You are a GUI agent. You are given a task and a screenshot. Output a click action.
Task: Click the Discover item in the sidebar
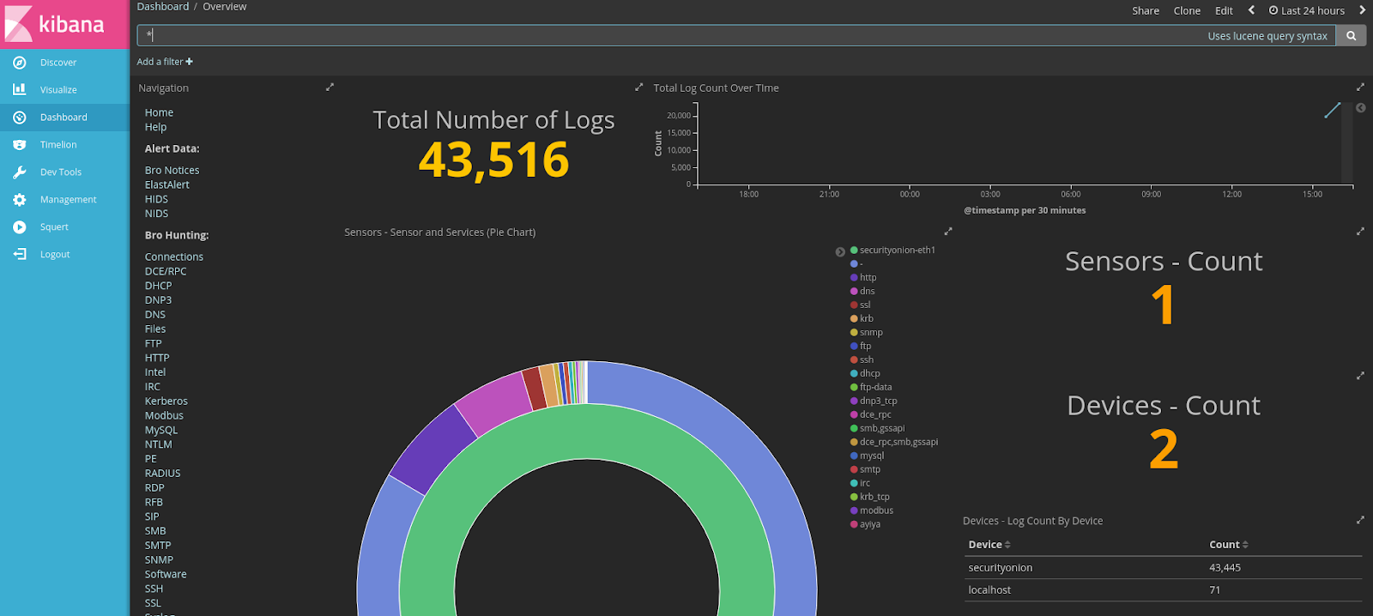pos(57,63)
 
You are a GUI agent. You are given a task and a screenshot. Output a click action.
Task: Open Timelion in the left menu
pos(57,145)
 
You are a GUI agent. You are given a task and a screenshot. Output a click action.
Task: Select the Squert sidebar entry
pos(53,227)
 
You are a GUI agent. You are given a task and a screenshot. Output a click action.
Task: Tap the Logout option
pos(54,255)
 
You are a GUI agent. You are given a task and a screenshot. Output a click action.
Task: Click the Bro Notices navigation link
pos(172,171)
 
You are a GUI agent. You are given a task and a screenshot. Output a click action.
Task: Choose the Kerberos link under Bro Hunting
pos(166,402)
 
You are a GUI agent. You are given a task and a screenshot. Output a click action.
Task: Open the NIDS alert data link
pos(156,214)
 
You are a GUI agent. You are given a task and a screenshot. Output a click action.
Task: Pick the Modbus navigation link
pos(164,416)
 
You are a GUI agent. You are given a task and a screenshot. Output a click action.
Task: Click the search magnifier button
pos(1351,36)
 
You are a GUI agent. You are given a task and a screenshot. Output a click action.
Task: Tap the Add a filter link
pos(165,62)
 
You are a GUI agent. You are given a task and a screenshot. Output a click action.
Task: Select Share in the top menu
pos(1145,11)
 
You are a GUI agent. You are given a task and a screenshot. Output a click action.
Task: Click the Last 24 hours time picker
pos(1307,11)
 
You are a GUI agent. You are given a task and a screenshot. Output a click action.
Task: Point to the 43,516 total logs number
pos(493,160)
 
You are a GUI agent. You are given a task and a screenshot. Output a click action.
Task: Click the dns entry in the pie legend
pos(867,292)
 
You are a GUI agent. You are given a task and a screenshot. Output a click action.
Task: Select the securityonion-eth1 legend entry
pos(897,251)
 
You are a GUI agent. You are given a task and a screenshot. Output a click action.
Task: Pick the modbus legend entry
pos(876,511)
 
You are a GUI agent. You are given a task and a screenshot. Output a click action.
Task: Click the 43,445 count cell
pos(1225,568)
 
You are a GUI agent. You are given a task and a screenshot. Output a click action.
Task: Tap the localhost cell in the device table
pos(989,590)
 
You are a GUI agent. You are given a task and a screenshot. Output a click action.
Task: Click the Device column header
pos(985,545)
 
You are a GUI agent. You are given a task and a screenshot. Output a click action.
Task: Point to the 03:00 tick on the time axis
pos(990,194)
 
